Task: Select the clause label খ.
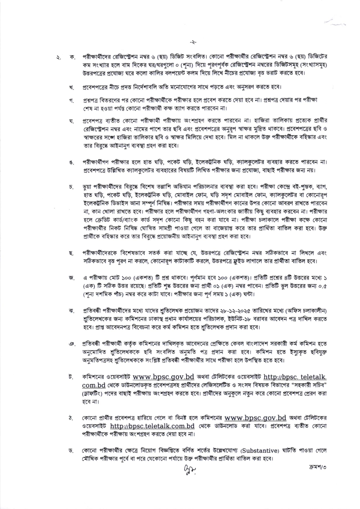click(72, 88)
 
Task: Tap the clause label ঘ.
click(72, 122)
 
